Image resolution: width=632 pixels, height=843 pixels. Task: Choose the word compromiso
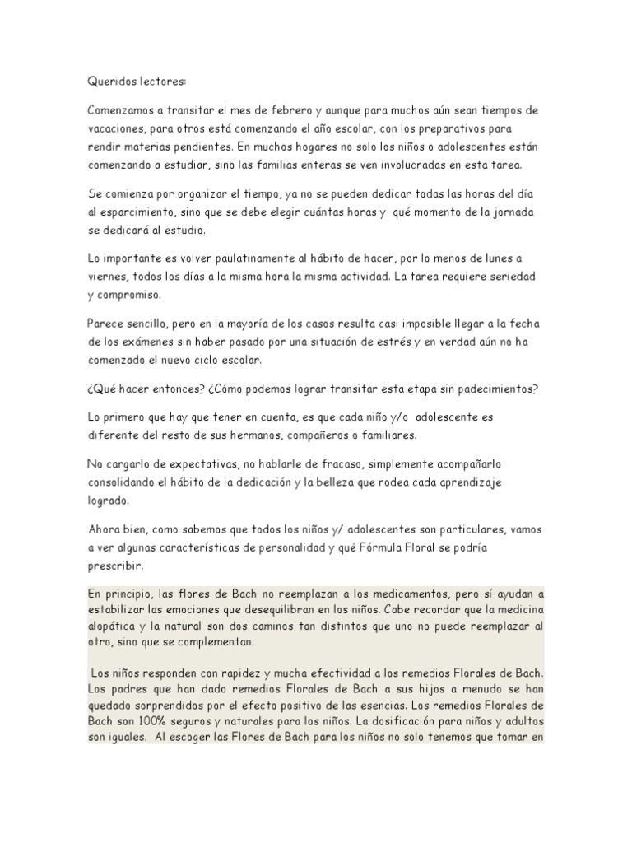(131, 294)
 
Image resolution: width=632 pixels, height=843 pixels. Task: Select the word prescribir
(115, 566)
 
